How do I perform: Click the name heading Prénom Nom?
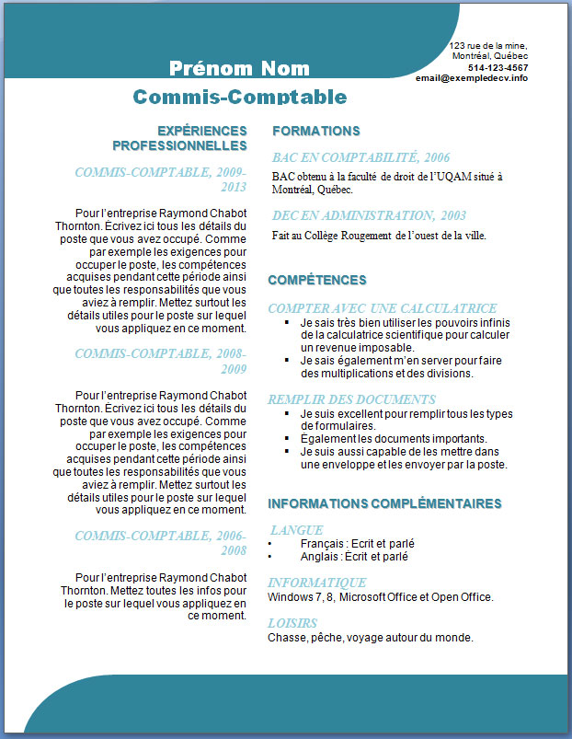tap(239, 68)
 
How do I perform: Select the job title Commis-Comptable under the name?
tap(240, 97)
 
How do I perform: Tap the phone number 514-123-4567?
tap(498, 67)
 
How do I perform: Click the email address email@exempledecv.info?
tap(472, 78)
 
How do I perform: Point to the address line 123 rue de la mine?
tap(487, 45)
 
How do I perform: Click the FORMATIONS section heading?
tap(315, 131)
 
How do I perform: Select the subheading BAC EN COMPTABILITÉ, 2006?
tap(360, 157)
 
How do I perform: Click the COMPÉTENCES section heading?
tap(316, 280)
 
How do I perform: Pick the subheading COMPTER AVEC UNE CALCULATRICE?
tap(382, 308)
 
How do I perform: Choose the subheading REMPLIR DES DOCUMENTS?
tap(351, 399)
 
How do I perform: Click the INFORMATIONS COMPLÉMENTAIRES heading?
tap(383, 503)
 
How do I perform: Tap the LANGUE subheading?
tap(296, 530)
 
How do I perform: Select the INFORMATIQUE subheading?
tap(317, 583)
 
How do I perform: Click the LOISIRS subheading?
tap(292, 623)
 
